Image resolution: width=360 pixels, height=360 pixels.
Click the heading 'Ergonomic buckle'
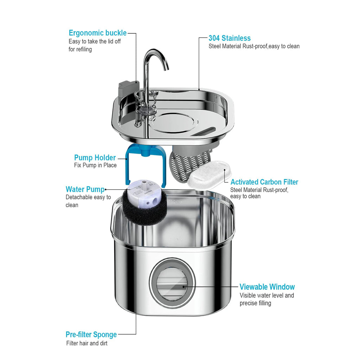pos(97,33)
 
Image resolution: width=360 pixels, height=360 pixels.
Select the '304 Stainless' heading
pos(229,38)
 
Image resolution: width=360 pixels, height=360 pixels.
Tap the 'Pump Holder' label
pos(95,157)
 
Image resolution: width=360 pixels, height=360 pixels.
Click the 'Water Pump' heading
pos(85,189)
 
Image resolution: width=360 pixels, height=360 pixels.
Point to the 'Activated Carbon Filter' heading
pos(264,182)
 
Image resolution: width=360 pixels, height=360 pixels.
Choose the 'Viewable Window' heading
pos(267,287)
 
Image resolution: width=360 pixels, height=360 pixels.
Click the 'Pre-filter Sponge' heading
pos(91,334)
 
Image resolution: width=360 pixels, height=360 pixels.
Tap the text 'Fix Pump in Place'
pos(95,165)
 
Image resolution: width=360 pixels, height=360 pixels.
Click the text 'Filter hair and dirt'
pos(87,343)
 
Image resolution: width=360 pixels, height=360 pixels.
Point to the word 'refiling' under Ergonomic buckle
pos(80,49)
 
